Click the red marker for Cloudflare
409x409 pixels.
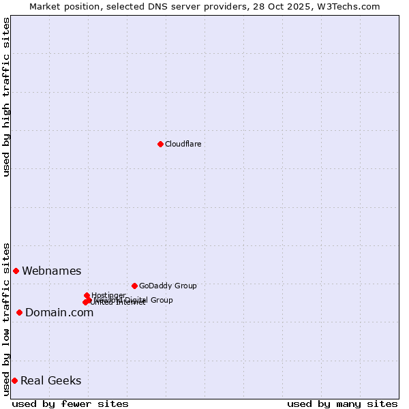pyautogui.click(x=160, y=144)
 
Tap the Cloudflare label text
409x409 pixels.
pyautogui.click(x=183, y=144)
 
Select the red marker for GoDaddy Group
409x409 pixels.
pyautogui.click(x=134, y=286)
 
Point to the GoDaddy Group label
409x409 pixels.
pyautogui.click(x=168, y=286)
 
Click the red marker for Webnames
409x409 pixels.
pyautogui.click(x=16, y=271)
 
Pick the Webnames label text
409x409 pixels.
pyautogui.click(x=51, y=271)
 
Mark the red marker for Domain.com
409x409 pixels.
pyautogui.click(x=19, y=312)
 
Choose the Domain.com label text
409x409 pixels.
pyautogui.click(x=59, y=313)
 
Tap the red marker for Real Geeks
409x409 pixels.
pyautogui.click(x=14, y=380)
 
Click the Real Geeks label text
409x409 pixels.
pyautogui.click(x=50, y=381)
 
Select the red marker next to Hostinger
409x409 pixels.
pyautogui.click(x=87, y=295)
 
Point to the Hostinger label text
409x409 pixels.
pyautogui.click(x=108, y=294)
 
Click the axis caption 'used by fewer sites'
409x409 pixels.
pyautogui.click(x=70, y=404)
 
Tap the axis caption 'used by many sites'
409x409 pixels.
pyautogui.click(x=342, y=404)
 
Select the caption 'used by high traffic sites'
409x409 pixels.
pyautogui.click(x=6, y=97)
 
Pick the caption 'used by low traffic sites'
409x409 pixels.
pyautogui.click(x=6, y=319)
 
